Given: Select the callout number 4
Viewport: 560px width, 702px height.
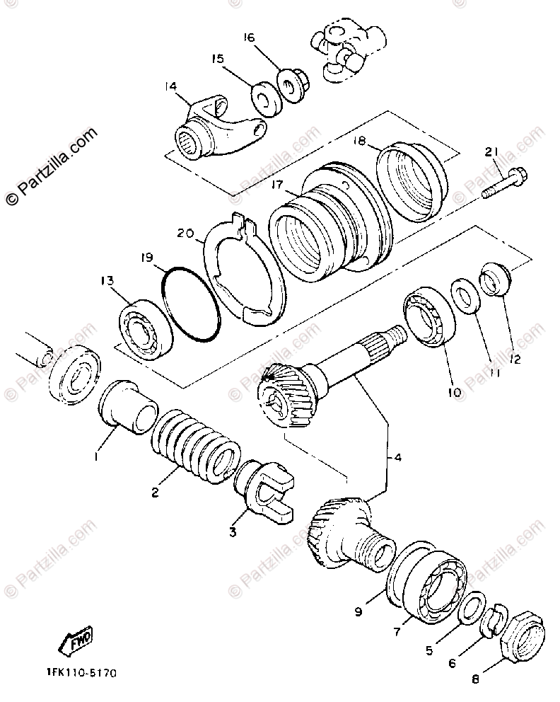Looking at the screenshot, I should click(x=397, y=458).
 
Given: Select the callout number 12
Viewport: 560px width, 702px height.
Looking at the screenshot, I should click(x=515, y=359).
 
